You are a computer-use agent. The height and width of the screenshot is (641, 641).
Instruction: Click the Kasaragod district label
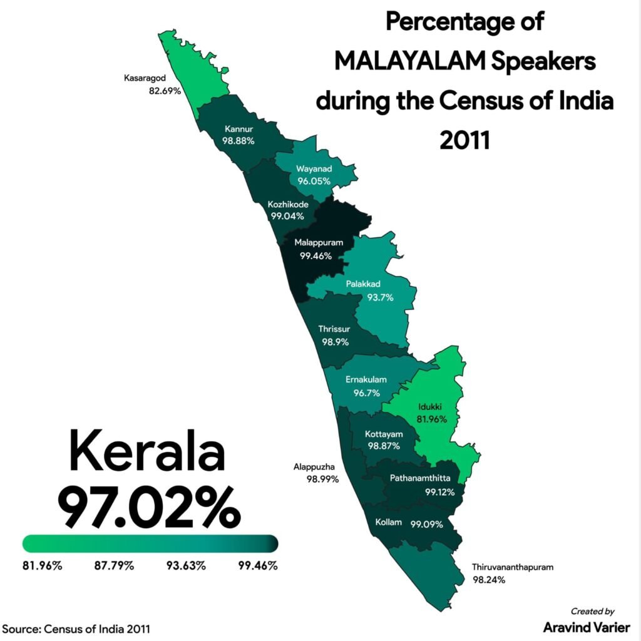tap(144, 79)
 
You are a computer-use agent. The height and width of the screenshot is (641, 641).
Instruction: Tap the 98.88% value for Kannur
tap(238, 141)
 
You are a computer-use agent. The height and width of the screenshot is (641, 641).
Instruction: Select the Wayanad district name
tap(314, 169)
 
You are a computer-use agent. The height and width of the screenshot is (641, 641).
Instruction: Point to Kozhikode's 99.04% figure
tap(287, 216)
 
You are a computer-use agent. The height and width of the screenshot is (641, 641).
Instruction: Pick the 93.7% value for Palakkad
tap(380, 297)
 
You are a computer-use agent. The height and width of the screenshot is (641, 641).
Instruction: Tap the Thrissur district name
tap(336, 329)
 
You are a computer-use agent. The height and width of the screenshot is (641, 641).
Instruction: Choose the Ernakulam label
tap(366, 379)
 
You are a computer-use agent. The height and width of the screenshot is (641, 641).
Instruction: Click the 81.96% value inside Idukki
tap(432, 419)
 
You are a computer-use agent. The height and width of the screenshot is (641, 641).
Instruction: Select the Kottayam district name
tap(384, 434)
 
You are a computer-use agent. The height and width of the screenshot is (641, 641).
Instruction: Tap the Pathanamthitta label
tap(420, 478)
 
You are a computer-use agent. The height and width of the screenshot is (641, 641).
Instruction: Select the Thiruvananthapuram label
tap(513, 568)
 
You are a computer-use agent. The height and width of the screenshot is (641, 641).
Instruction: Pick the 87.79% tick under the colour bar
tap(114, 566)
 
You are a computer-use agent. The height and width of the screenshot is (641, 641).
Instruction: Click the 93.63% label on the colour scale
tap(186, 566)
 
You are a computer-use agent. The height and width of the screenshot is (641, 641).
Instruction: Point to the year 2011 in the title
tap(464, 140)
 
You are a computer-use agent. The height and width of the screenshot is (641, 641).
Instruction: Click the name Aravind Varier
tap(587, 627)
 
